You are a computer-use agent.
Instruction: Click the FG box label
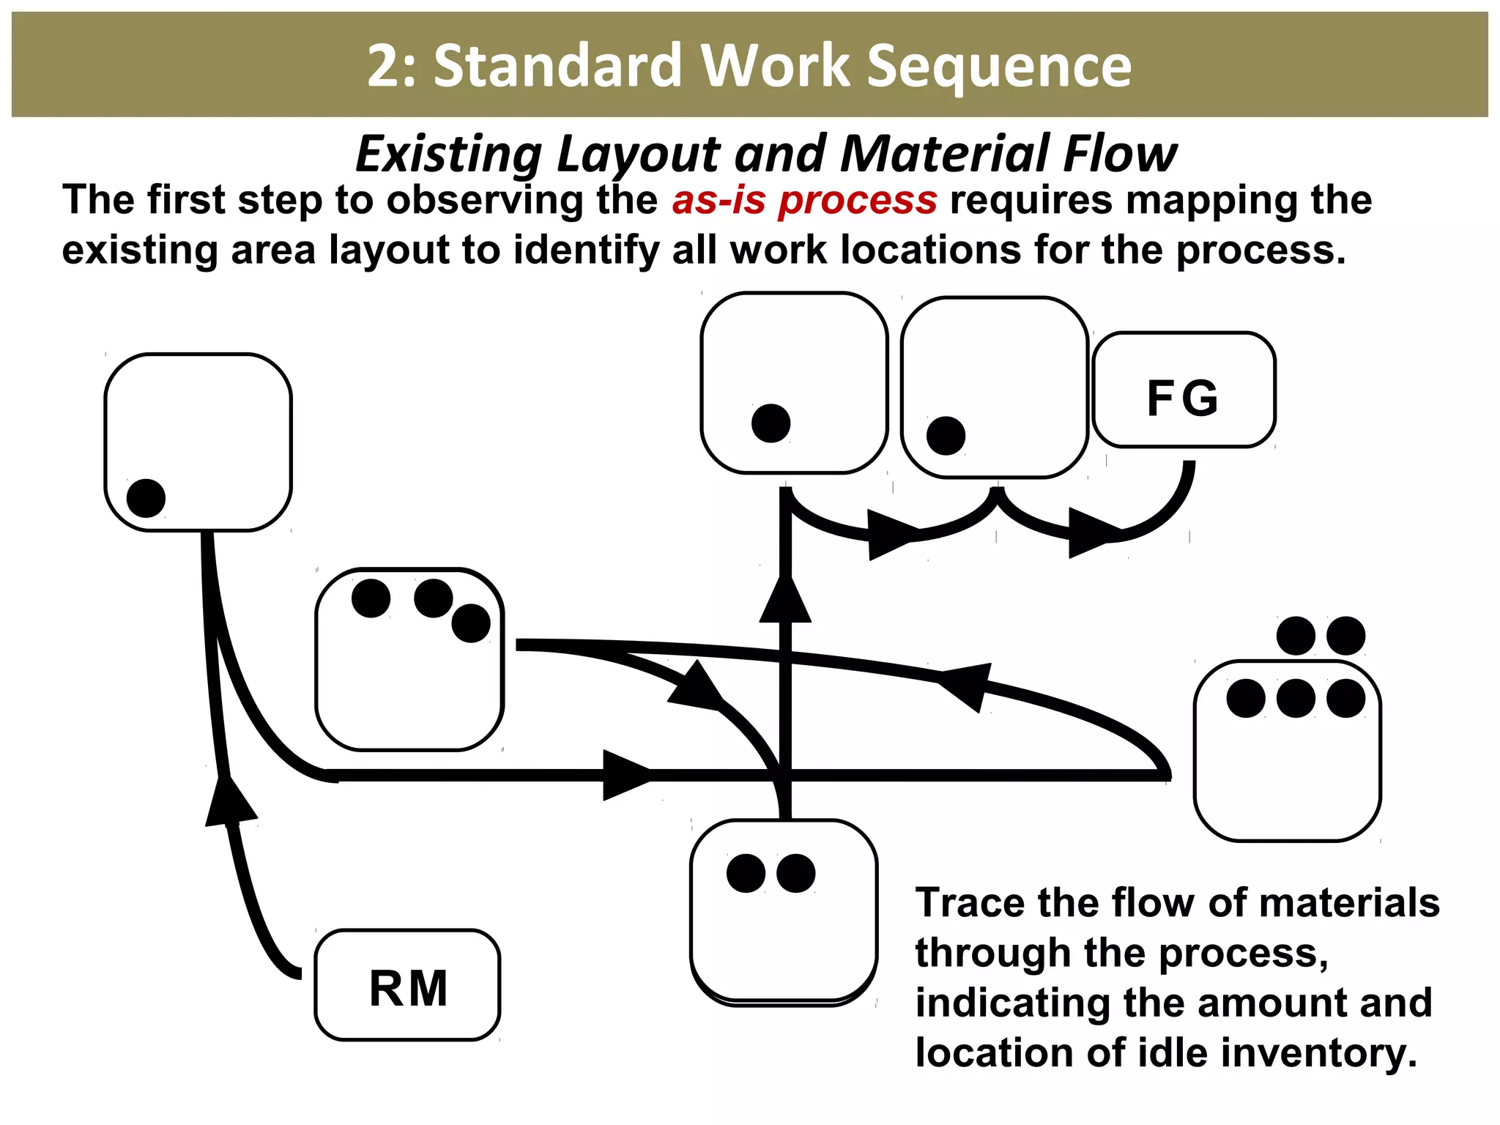pos(1183,398)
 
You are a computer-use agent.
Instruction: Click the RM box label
pos(408,989)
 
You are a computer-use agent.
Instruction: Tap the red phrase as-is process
pos(804,201)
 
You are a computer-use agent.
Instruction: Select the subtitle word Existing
pos(448,155)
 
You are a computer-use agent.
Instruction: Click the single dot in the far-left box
pos(146,498)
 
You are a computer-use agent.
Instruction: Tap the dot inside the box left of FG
pos(946,436)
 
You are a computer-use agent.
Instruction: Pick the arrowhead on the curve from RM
pos(230,801)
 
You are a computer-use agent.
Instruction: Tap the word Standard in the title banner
pos(558,66)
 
